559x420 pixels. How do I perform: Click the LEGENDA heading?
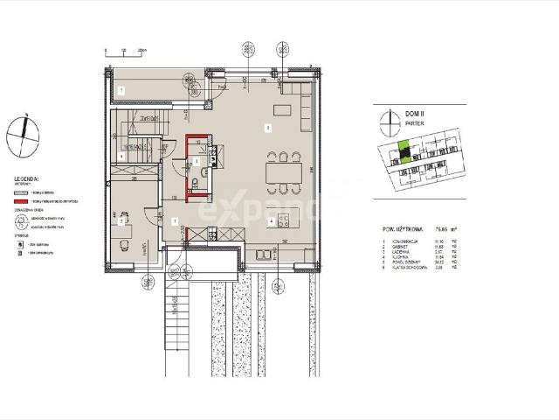(x=26, y=178)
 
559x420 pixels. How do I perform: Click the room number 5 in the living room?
(x=268, y=128)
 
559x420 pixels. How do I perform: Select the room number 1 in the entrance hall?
(x=175, y=220)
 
